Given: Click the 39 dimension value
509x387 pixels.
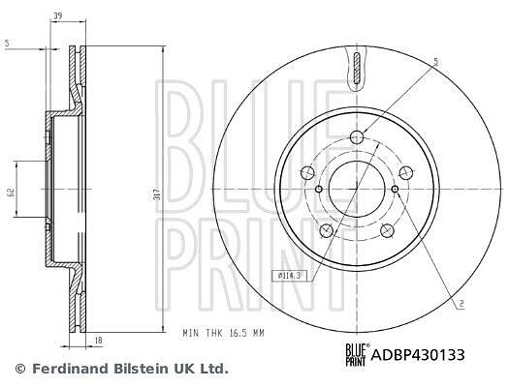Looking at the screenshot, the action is (x=58, y=15).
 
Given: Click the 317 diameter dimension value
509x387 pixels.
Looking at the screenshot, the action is (x=158, y=194).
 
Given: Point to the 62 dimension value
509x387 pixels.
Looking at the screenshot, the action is (x=11, y=193).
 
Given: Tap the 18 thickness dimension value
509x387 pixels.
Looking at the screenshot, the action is (x=99, y=340).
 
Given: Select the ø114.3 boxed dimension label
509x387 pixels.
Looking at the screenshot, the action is (x=287, y=276).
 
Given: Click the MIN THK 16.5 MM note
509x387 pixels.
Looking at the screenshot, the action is (x=223, y=333).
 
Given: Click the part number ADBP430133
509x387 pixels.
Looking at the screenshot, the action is (x=418, y=355).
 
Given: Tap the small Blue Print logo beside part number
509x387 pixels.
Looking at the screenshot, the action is (x=357, y=355).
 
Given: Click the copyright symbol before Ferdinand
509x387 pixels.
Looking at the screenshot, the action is (x=20, y=369).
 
